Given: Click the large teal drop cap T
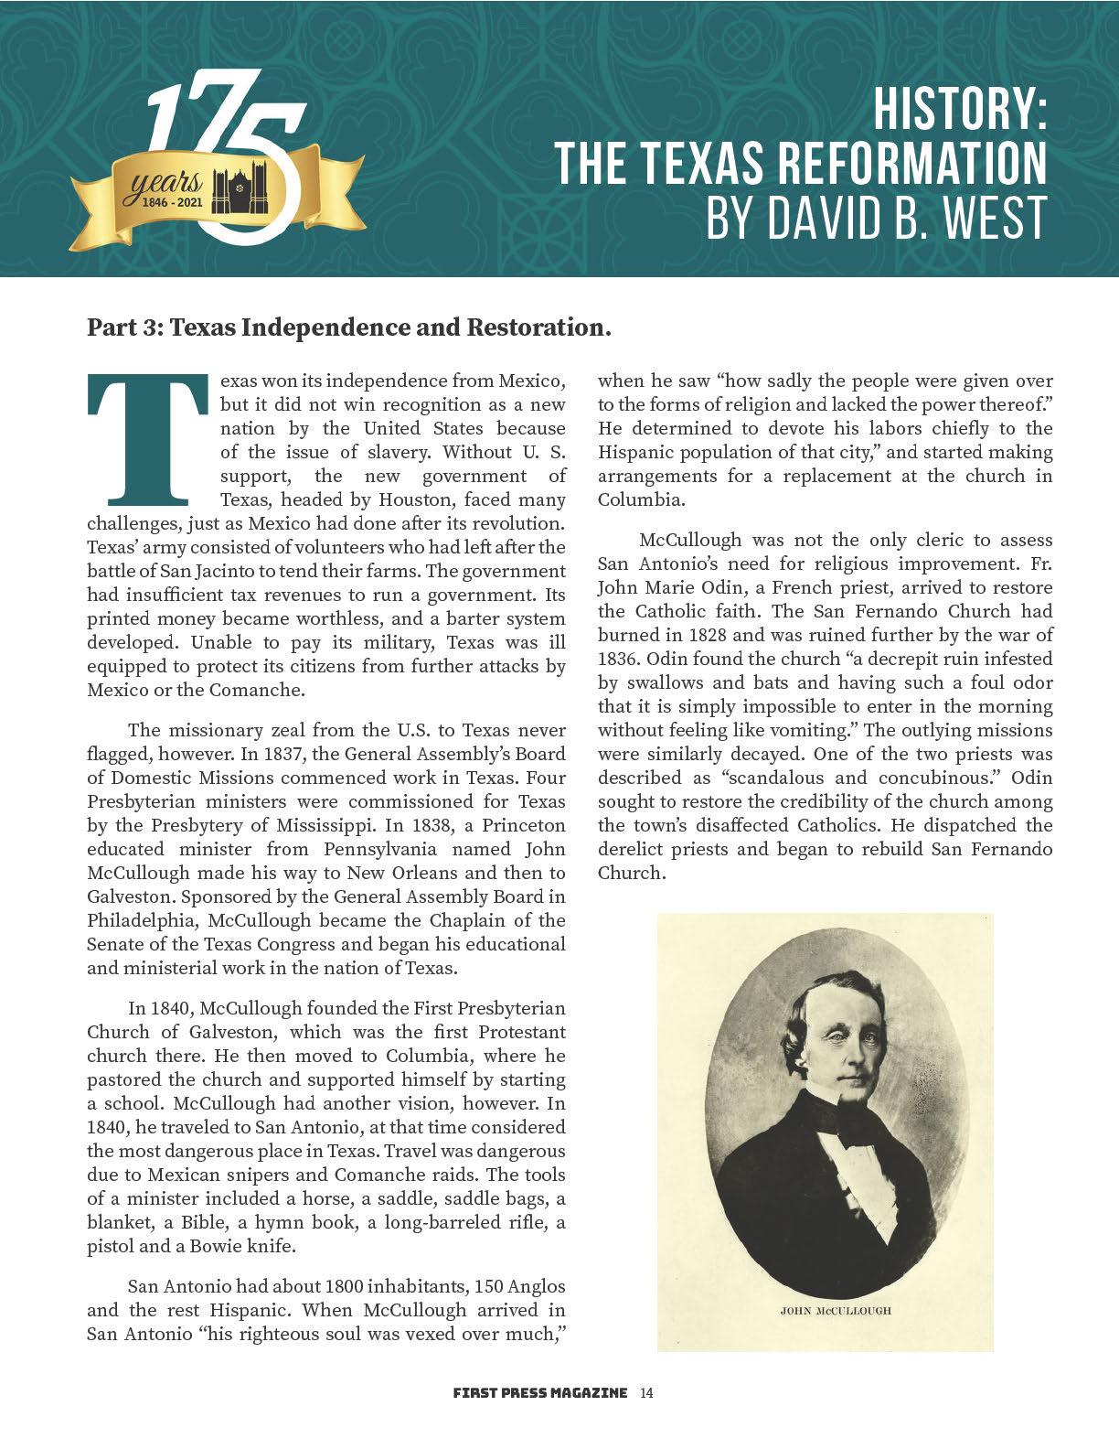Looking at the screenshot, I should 146,439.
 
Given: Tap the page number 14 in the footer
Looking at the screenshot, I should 646,1393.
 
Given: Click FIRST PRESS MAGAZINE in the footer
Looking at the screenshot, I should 540,1393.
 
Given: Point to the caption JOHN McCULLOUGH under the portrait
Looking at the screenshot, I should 835,1310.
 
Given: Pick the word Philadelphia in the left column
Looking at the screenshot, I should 142,920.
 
